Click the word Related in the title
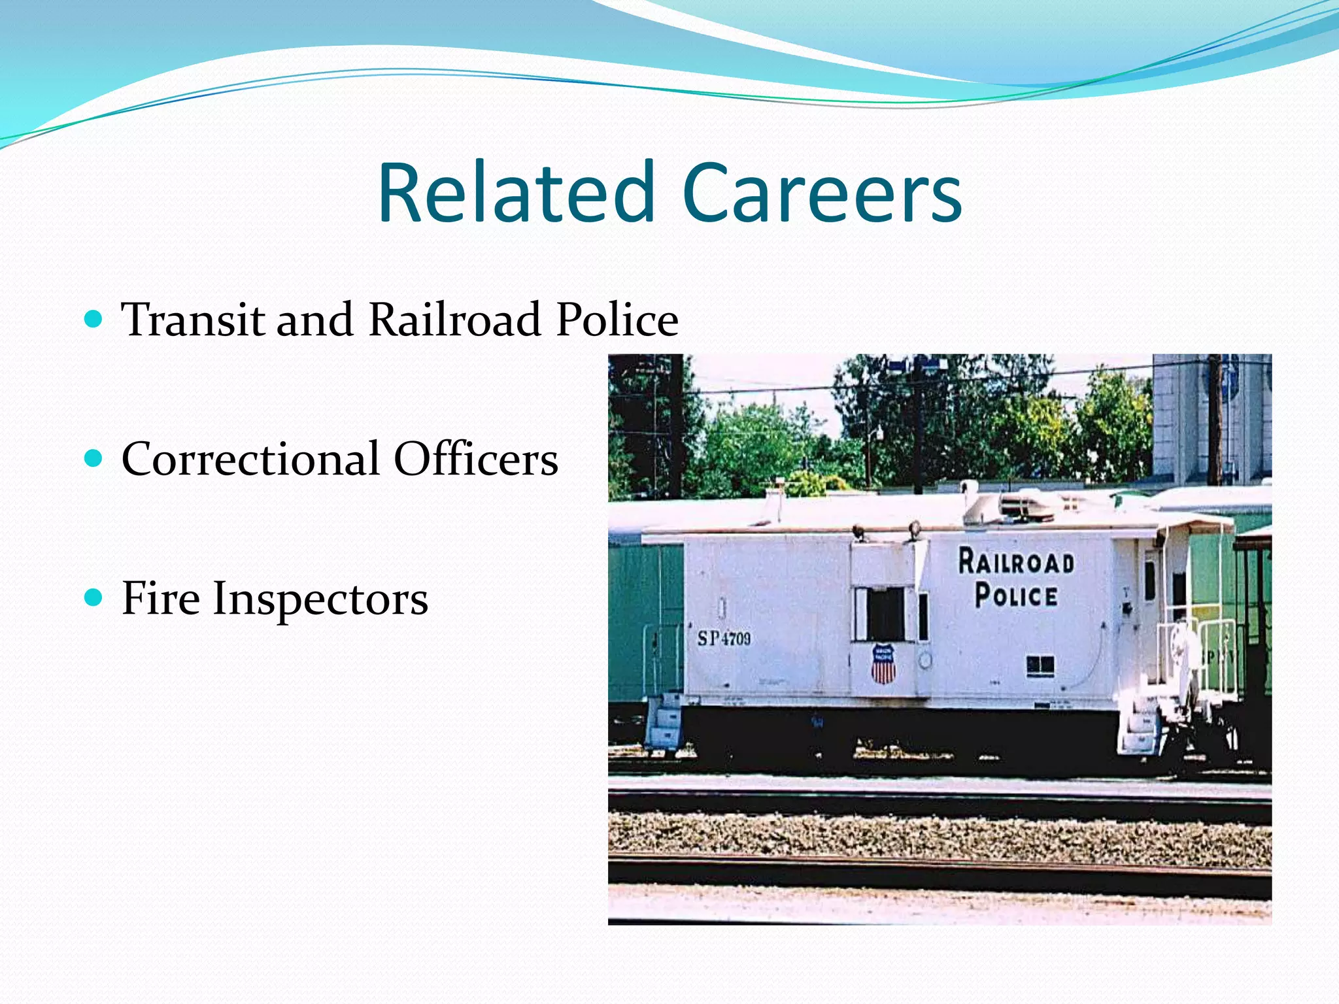click(x=516, y=193)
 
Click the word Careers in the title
click(x=822, y=193)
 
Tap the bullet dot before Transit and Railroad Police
click(x=94, y=319)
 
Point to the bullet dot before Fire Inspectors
click(x=94, y=597)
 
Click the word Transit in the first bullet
click(x=194, y=320)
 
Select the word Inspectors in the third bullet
click(x=320, y=599)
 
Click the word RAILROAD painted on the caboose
click(x=1016, y=562)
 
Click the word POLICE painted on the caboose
click(x=1016, y=595)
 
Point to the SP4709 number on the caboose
click(x=724, y=638)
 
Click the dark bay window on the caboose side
click(x=885, y=614)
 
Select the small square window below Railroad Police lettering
click(x=1040, y=665)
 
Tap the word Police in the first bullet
click(x=617, y=320)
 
